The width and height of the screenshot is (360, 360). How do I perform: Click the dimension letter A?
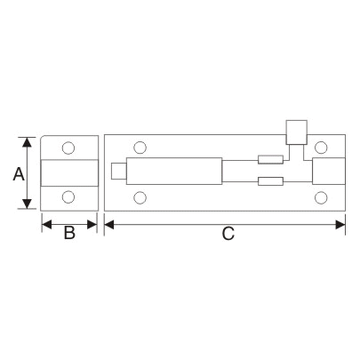tap(17, 174)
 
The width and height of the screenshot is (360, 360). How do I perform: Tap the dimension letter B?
tap(69, 236)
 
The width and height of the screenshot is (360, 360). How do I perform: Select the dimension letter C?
tap(227, 235)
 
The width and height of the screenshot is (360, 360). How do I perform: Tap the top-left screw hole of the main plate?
tap(138, 148)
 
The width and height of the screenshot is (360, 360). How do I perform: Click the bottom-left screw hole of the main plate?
tap(138, 197)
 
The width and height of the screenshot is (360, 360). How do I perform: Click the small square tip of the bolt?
tap(119, 172)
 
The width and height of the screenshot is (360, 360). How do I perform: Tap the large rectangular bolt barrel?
tap(174, 171)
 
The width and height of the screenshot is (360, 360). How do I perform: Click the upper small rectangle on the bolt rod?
tap(270, 161)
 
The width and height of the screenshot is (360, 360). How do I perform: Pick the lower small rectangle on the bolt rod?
tap(270, 182)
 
